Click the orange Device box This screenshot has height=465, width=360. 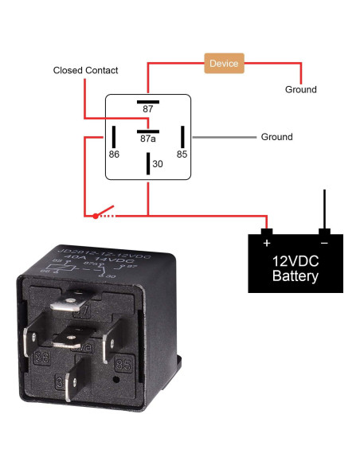click(x=224, y=63)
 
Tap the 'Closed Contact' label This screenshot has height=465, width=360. click(x=85, y=71)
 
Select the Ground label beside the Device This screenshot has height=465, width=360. click(x=300, y=90)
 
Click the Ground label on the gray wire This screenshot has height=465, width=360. click(x=276, y=137)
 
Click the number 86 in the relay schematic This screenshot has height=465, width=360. click(x=114, y=154)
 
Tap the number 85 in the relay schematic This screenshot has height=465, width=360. click(x=182, y=154)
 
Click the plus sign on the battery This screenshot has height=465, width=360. click(x=267, y=242)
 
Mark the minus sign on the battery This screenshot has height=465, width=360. click(x=324, y=242)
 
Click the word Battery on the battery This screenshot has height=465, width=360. click(x=295, y=277)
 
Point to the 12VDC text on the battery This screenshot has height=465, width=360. click(x=295, y=261)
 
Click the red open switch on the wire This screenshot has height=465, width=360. click(x=104, y=213)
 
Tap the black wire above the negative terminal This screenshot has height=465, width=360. click(x=324, y=209)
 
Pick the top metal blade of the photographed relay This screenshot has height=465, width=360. click(x=68, y=303)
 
